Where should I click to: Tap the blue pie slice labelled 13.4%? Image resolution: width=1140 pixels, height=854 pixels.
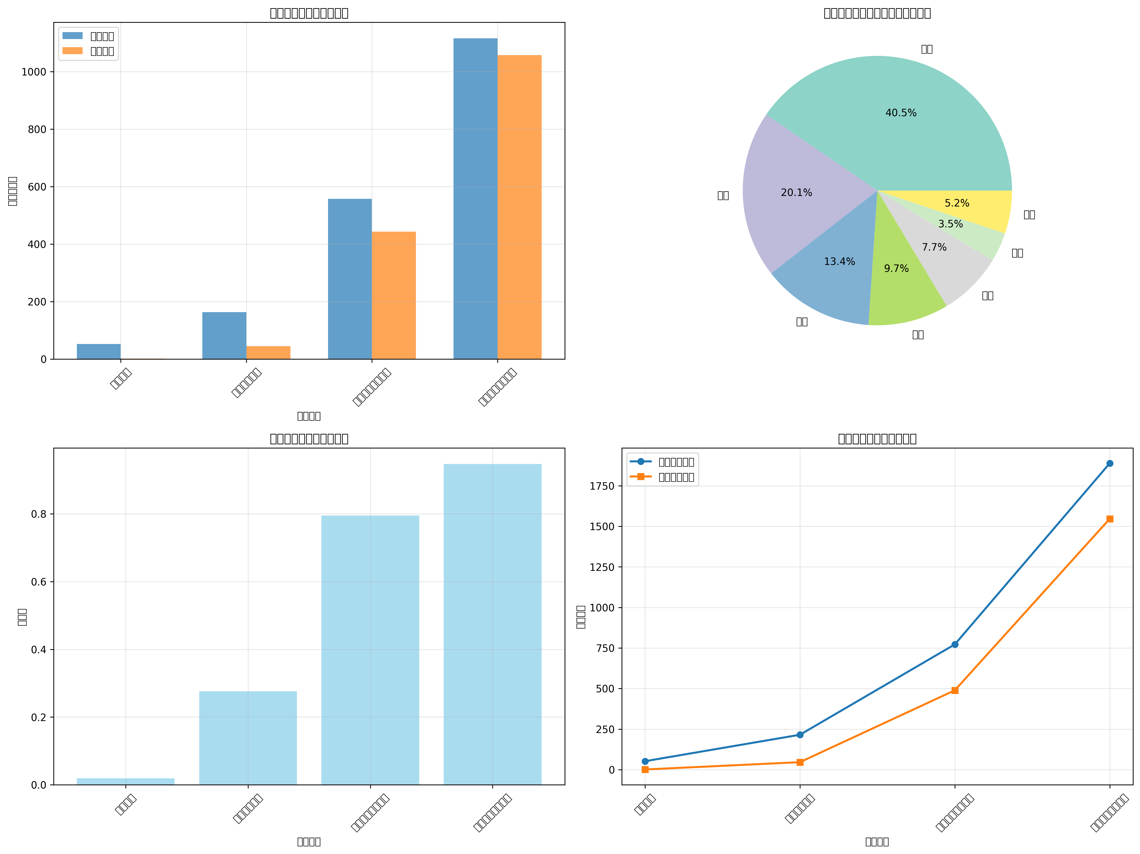(830, 278)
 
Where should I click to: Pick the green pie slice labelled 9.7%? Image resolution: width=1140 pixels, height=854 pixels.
(902, 289)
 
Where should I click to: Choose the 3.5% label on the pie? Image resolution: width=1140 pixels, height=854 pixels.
(950, 224)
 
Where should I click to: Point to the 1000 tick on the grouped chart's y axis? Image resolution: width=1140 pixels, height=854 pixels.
(34, 72)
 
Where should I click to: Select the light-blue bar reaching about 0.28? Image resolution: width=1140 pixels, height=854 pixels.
(248, 737)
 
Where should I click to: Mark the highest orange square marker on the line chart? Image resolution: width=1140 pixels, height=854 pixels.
(1110, 519)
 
